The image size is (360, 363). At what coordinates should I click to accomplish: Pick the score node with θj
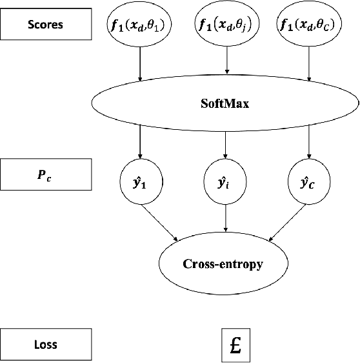[x=226, y=25]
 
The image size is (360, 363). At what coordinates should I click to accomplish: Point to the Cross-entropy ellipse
[x=225, y=264]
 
